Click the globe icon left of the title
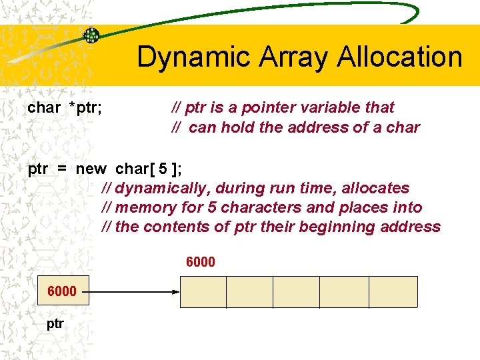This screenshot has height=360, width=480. pyautogui.click(x=91, y=35)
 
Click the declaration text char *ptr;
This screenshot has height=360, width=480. pyautogui.click(x=65, y=107)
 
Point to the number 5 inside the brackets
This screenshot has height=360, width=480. pyautogui.click(x=163, y=169)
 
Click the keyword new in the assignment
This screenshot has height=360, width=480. pyautogui.click(x=91, y=169)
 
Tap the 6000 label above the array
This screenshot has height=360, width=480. pyautogui.click(x=200, y=262)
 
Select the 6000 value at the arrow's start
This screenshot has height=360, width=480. pyautogui.click(x=61, y=291)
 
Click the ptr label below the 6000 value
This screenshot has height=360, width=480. pyautogui.click(x=55, y=324)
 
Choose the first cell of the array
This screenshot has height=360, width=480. pyautogui.click(x=203, y=292)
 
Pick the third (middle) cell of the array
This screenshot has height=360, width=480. pyautogui.click(x=297, y=292)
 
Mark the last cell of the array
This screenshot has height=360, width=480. pyautogui.click(x=393, y=292)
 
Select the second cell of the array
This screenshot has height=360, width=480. pyautogui.click(x=250, y=292)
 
